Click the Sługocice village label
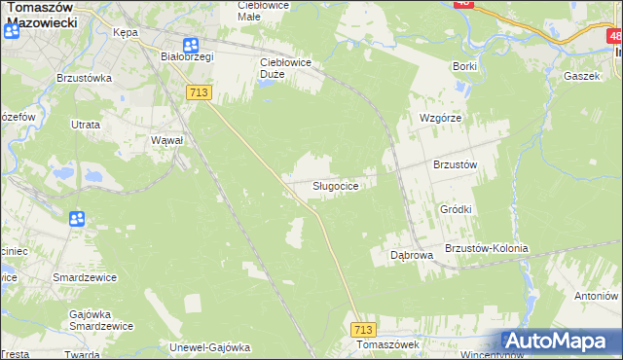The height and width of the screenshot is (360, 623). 339,186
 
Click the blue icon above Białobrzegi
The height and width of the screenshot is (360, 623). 190,45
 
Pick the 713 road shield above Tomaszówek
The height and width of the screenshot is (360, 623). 363,330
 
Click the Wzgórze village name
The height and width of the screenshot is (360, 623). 439,118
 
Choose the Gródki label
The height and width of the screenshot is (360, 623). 456,209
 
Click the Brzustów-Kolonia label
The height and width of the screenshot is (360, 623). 486,248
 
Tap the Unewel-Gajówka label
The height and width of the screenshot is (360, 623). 210,347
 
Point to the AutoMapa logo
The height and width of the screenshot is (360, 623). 561,342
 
